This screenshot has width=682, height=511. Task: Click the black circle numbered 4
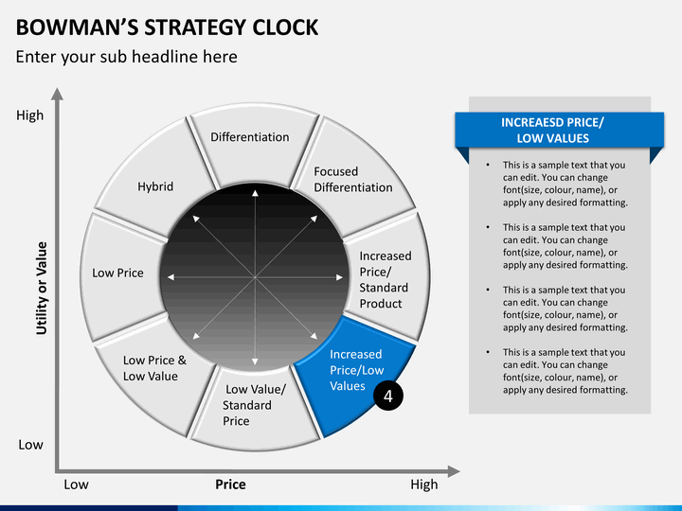point(388,396)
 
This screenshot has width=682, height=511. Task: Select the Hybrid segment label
point(155,186)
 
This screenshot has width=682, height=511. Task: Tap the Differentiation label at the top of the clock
point(250,137)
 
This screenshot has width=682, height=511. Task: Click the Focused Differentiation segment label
point(353,180)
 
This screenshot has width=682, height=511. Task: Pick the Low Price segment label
point(117,273)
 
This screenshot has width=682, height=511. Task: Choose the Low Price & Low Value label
point(154,368)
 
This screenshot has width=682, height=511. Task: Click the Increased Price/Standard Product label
point(386,280)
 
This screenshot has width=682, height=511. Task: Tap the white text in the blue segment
point(357,370)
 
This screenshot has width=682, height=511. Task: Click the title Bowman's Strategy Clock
point(167,27)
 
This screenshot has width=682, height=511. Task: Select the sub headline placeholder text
point(127,57)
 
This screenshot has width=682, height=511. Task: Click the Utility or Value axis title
point(42,288)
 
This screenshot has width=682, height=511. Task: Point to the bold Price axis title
point(230,485)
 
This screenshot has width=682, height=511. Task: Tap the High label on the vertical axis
point(30,115)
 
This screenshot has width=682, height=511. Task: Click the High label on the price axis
point(424,485)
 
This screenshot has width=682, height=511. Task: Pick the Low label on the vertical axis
point(31,445)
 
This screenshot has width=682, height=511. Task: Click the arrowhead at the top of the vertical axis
point(57,94)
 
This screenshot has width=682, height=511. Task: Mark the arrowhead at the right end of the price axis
point(454,471)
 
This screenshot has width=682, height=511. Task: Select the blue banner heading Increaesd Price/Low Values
point(552,131)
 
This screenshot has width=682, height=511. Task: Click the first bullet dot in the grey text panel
point(488,165)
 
